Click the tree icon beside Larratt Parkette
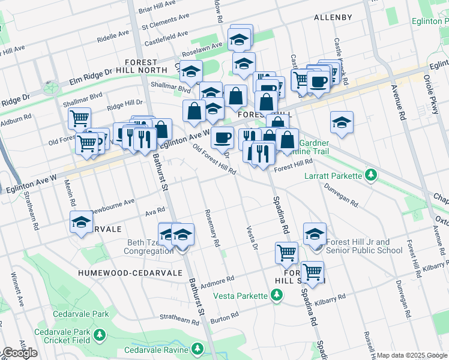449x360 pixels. [x=372, y=175]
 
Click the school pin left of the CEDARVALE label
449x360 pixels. [x=82, y=222]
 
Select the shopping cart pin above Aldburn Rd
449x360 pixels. [x=79, y=118]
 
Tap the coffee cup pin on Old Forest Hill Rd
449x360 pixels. [x=222, y=137]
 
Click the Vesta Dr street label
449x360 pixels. [x=251, y=238]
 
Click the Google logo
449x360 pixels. [x=19, y=353]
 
